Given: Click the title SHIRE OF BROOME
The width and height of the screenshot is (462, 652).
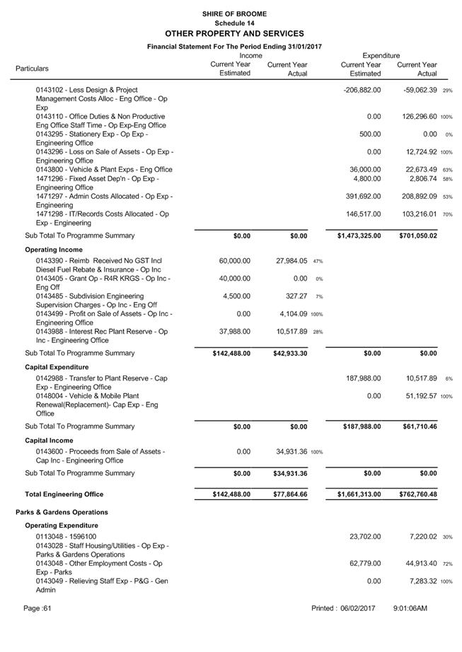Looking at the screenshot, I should (x=234, y=13).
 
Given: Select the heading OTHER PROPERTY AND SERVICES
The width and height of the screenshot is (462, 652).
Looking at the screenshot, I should (x=234, y=33).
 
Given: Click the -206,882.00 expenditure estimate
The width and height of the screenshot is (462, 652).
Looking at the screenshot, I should (x=362, y=91).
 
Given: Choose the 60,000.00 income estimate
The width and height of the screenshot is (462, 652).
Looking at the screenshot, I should (x=235, y=261).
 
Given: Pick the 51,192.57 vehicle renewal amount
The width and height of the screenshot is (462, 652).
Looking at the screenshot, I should (x=417, y=396).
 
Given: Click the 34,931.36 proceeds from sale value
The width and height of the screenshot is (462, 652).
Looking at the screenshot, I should (x=289, y=451).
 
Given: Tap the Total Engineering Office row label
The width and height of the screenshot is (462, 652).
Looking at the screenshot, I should (x=64, y=494).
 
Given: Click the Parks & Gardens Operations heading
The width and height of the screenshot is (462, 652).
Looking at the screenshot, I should (x=62, y=512).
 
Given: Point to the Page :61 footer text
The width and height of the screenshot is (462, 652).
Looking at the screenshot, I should (x=37, y=608).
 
